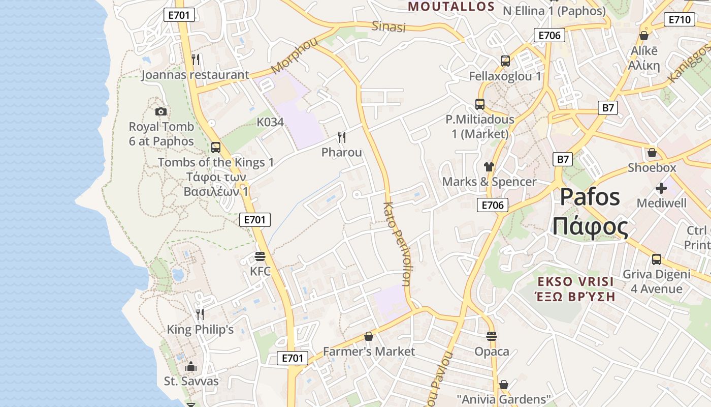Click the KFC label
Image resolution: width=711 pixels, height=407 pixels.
(260, 271)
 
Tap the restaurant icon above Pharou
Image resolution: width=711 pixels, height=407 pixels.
(342, 137)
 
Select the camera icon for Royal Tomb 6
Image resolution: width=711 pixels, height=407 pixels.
(161, 111)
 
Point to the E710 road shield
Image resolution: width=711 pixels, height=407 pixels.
(680, 20)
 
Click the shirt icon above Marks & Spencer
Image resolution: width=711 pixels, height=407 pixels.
(489, 166)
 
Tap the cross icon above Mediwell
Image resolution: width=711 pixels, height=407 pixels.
(661, 189)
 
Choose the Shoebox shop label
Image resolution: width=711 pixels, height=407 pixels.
(652, 167)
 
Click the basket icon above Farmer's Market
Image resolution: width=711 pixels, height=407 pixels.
(369, 336)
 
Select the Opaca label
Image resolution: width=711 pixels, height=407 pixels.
(491, 351)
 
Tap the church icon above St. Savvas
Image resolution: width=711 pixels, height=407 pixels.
(191, 366)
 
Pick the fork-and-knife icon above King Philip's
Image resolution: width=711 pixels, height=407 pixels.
(200, 314)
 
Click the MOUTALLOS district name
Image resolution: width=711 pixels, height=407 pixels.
(451, 7)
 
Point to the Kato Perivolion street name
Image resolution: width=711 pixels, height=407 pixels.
(397, 244)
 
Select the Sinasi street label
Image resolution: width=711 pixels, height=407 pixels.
(389, 26)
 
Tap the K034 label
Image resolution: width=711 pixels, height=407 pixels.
(270, 122)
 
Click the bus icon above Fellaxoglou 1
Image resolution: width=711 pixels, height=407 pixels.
(505, 61)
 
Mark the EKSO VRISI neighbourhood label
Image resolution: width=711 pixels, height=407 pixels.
(576, 281)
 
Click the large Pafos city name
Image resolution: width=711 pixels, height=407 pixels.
(590, 197)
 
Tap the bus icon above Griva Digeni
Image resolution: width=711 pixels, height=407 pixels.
(657, 259)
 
